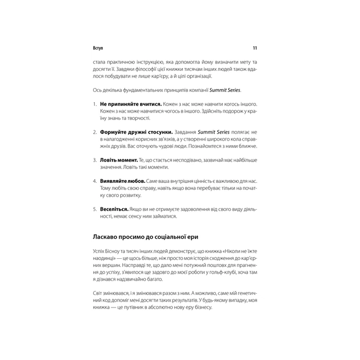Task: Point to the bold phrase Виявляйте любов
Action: (121, 181)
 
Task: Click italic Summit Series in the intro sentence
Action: (225, 90)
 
